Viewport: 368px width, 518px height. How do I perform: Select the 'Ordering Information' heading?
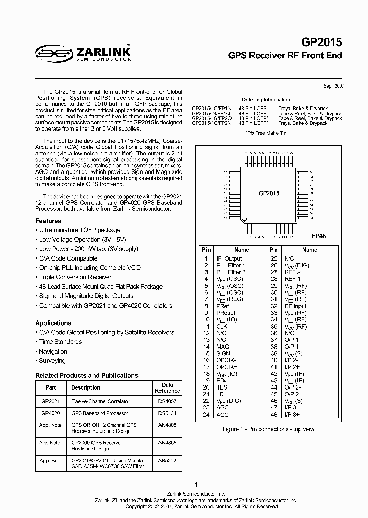[266, 100]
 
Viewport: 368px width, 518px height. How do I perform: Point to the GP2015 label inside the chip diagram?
[269, 193]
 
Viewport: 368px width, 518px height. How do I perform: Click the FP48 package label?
[318, 236]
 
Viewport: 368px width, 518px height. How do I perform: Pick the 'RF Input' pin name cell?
[296, 306]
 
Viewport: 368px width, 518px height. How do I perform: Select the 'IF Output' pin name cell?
[229, 259]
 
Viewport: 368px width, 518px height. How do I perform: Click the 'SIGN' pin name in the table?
[223, 353]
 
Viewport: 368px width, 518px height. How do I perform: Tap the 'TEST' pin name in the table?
[224, 387]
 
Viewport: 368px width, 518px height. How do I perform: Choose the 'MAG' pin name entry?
[222, 347]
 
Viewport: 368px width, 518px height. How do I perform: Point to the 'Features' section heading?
[48, 221]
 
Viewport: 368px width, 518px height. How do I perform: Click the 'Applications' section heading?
[53, 323]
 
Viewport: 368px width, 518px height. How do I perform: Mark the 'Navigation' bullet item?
[53, 352]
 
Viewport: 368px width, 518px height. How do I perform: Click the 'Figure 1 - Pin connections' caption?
[268, 429]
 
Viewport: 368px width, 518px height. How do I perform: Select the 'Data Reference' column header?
[168, 387]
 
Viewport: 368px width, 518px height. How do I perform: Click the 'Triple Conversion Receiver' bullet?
[75, 277]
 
